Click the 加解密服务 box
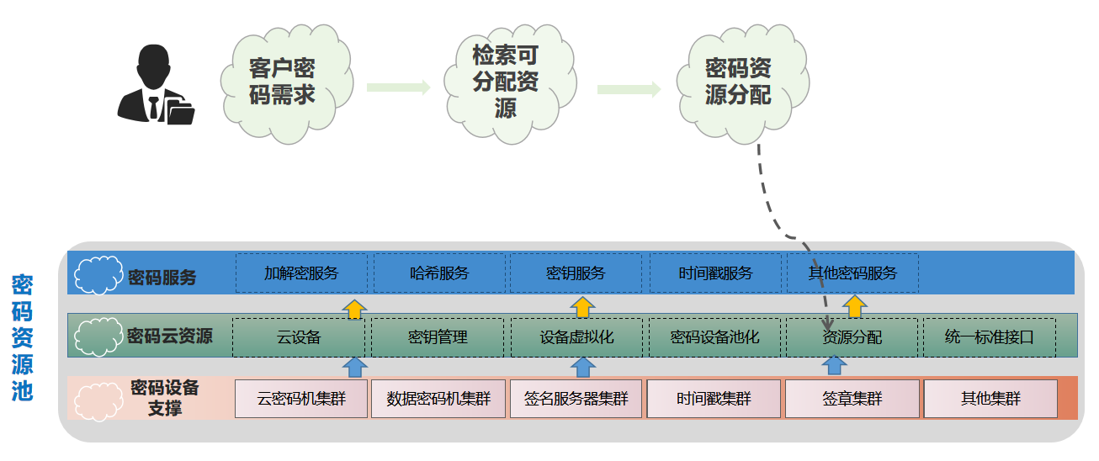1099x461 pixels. tap(301, 273)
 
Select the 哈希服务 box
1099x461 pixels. tap(439, 273)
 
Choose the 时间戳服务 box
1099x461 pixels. tap(715, 273)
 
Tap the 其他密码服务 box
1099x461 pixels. tap(852, 273)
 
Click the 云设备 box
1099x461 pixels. tap(299, 337)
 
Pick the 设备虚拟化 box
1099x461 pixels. tap(576, 337)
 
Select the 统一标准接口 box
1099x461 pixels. tap(989, 337)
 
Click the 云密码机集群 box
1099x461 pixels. tap(300, 399)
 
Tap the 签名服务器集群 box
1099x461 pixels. tap(576, 399)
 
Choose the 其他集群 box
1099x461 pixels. tap(990, 399)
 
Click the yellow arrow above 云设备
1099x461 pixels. tap(355, 308)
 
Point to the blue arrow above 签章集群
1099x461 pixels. tap(833, 366)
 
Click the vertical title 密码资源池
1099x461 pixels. tap(22, 336)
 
